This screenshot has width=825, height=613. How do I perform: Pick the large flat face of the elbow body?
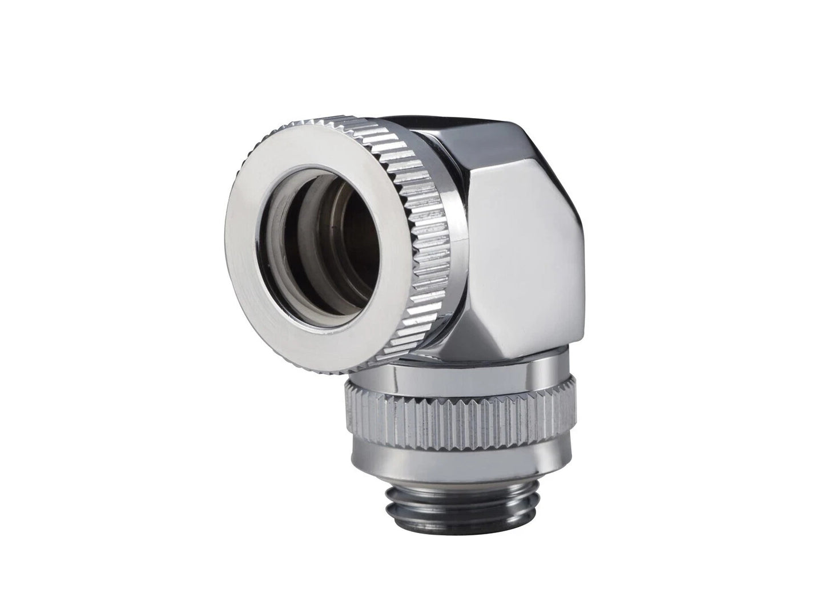525,245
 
